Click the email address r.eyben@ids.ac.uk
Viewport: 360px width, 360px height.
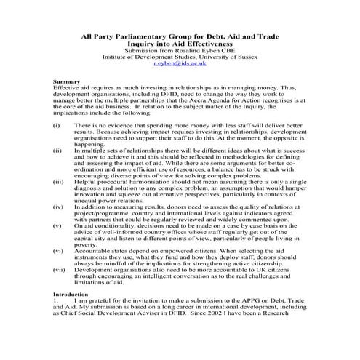pos(180,64)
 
